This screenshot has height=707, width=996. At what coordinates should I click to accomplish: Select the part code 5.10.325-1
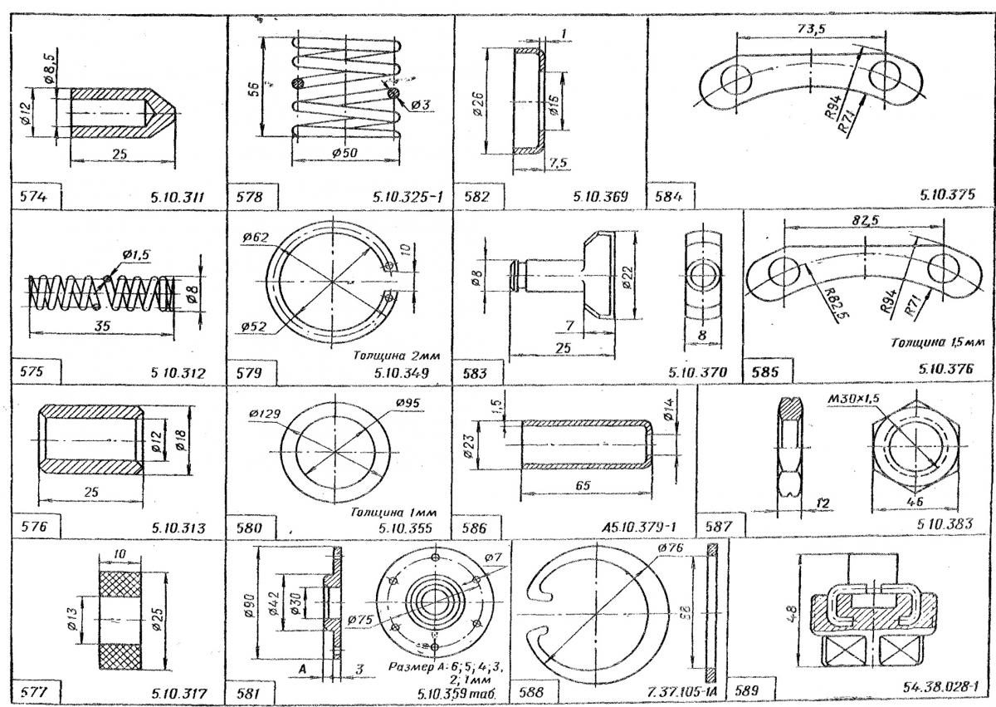(408, 198)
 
